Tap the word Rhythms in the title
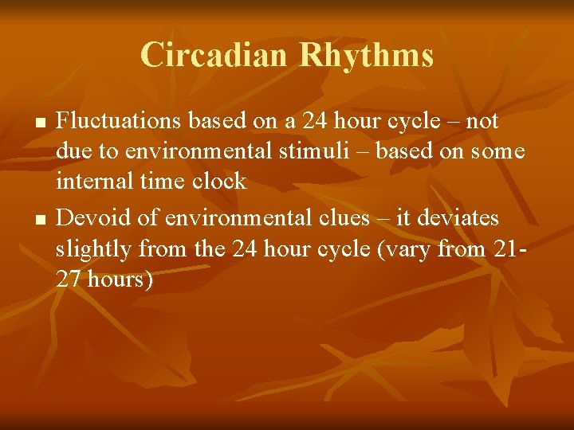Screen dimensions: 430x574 point(366,56)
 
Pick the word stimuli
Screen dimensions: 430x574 point(320,151)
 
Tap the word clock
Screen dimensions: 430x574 point(218,182)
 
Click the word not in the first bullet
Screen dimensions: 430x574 point(482,121)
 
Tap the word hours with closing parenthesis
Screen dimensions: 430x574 point(118,280)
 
